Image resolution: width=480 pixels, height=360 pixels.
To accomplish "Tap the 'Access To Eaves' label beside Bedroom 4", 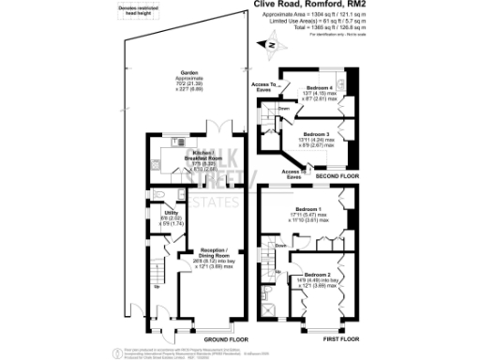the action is (x=262, y=86).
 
